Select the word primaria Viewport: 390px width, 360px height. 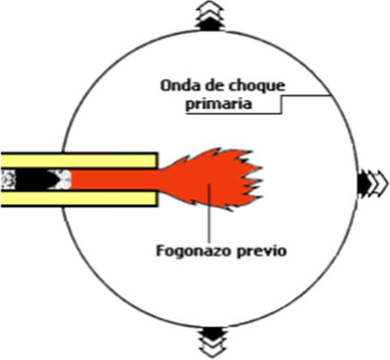[x=218, y=105]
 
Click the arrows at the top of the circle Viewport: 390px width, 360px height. [x=210, y=15]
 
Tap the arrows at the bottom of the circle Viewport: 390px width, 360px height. [x=213, y=342]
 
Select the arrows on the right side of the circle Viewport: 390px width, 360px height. [x=372, y=183]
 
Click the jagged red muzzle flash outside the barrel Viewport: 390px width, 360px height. [x=213, y=180]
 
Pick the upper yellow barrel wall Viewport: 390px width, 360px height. [x=79, y=161]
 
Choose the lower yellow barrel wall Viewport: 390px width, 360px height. [x=79, y=199]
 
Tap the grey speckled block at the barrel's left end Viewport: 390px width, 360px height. [x=8, y=179]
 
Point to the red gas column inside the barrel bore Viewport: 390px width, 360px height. [x=115, y=180]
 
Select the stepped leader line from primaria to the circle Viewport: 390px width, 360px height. [x=281, y=105]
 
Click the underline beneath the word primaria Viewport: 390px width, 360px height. [x=234, y=114]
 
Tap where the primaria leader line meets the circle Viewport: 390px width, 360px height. [x=330, y=95]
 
